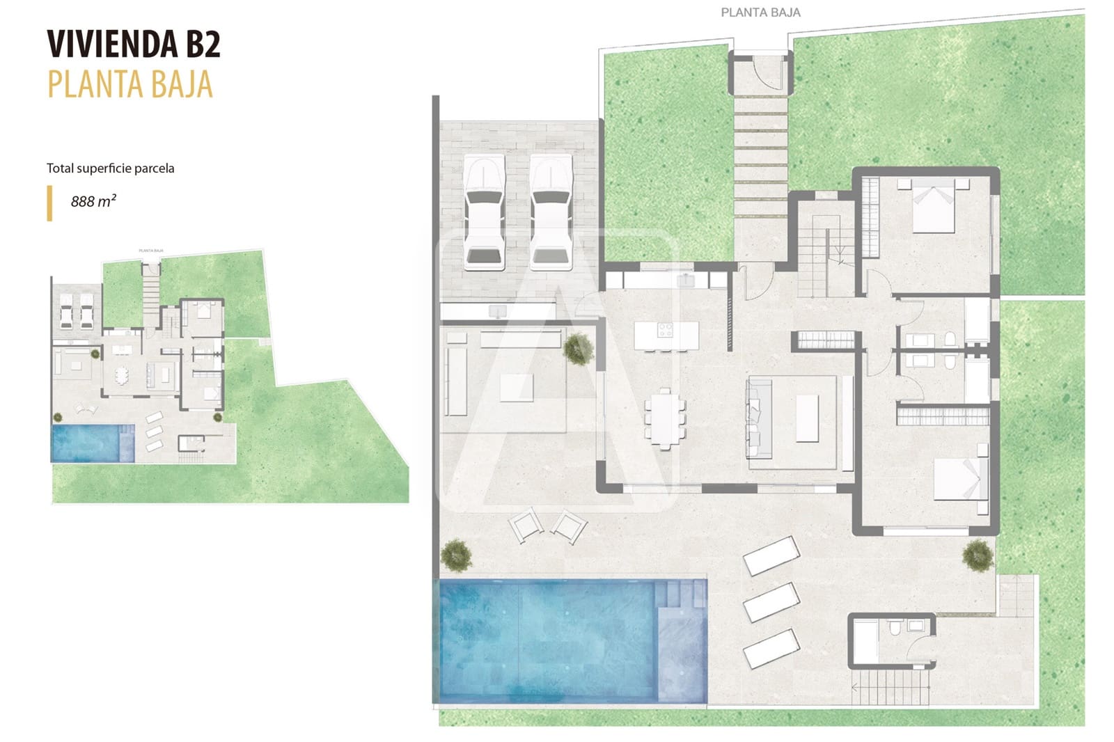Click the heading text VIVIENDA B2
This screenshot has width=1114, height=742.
point(134,45)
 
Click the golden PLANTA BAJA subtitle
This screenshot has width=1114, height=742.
point(130,85)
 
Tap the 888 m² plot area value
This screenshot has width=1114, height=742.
point(93,201)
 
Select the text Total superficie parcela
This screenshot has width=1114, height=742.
point(110,168)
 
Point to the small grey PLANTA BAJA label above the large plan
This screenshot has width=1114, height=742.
point(760,13)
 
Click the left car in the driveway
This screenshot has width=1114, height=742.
point(484,212)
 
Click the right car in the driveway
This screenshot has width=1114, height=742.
point(551,212)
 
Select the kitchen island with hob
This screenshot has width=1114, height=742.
point(666,335)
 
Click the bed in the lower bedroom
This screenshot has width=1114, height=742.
point(959,477)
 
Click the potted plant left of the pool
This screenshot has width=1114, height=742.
point(455,555)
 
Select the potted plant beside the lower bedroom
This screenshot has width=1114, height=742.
point(978,555)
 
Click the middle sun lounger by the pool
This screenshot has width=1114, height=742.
point(771,601)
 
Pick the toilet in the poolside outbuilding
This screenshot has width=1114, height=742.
point(895,630)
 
